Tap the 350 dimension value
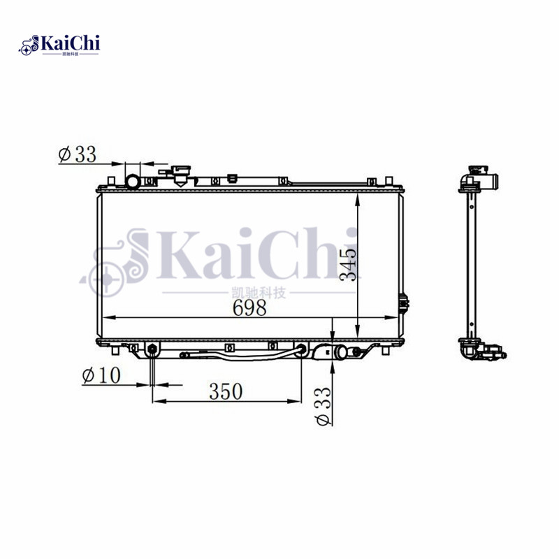(x=225, y=391)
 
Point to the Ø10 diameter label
(x=101, y=375)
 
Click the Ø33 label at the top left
(x=77, y=154)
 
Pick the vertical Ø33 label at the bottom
(x=324, y=405)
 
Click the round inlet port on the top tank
(x=132, y=182)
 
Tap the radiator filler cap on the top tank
(x=182, y=173)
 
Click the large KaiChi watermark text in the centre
(x=231, y=255)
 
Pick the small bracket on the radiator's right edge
(x=404, y=303)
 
